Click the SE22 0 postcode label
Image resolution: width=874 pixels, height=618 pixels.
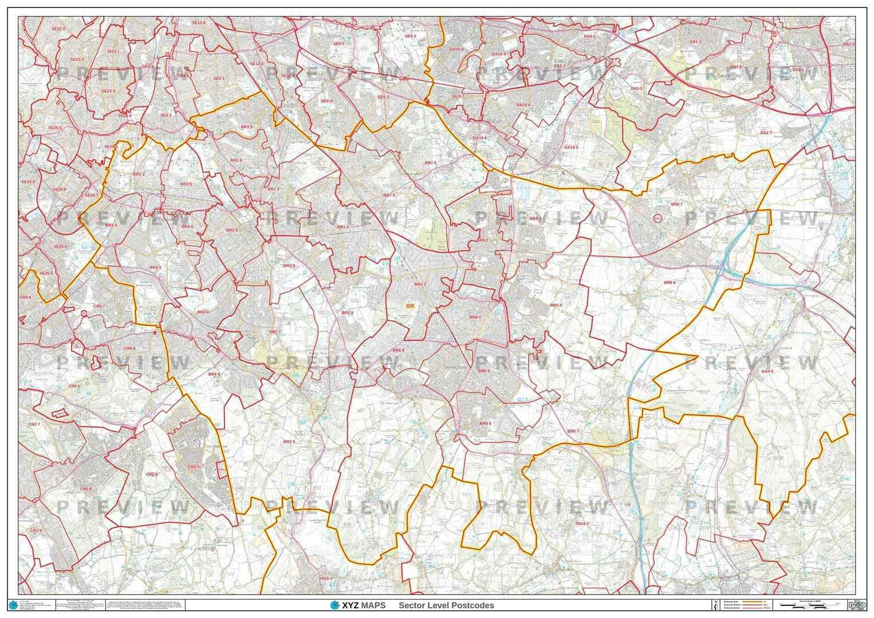[x=58, y=29]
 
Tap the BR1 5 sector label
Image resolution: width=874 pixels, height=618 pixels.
[x=246, y=127]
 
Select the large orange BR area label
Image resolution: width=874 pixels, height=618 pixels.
[x=410, y=307]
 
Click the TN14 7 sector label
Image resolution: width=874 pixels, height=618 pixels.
[x=582, y=524]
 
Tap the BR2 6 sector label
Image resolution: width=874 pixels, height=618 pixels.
[x=289, y=442]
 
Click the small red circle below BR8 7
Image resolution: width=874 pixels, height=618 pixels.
[x=657, y=218]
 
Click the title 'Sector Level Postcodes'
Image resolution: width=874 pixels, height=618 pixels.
[x=446, y=605]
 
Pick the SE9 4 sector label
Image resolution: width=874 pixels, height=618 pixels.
[x=326, y=101]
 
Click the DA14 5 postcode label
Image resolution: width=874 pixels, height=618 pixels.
[x=571, y=148]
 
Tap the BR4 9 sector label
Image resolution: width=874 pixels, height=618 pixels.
[x=214, y=374]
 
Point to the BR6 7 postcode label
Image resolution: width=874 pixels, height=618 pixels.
[x=573, y=431]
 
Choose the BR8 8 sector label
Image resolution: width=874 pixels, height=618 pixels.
[x=670, y=283]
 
